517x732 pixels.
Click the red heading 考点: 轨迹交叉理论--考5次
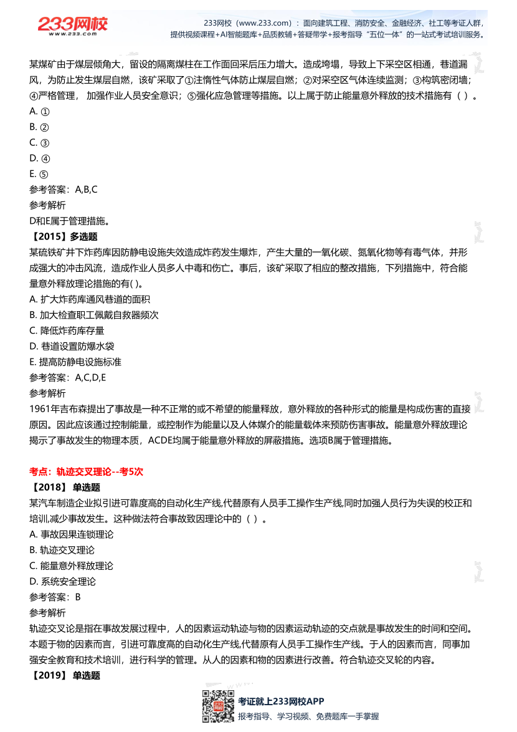coord(86,472)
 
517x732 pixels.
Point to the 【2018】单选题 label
coord(64,488)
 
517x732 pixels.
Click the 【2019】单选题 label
coord(64,675)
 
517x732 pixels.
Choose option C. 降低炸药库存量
coord(67,330)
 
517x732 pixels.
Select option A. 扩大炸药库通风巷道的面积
coord(90,299)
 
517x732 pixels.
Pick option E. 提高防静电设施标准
coord(75,362)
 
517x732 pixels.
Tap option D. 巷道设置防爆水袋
coord(72,346)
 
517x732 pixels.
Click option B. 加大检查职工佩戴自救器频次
coord(94,315)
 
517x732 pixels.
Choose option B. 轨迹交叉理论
coord(62,550)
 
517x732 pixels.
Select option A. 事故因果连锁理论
coord(71,534)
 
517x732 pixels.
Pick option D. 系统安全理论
coord(62,581)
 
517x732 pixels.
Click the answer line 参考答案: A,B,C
coord(63,190)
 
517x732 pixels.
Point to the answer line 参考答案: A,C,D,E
coord(67,377)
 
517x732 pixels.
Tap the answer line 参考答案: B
coord(55,597)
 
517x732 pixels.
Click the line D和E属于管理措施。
coord(69,221)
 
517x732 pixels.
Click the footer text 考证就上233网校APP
coord(281,701)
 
